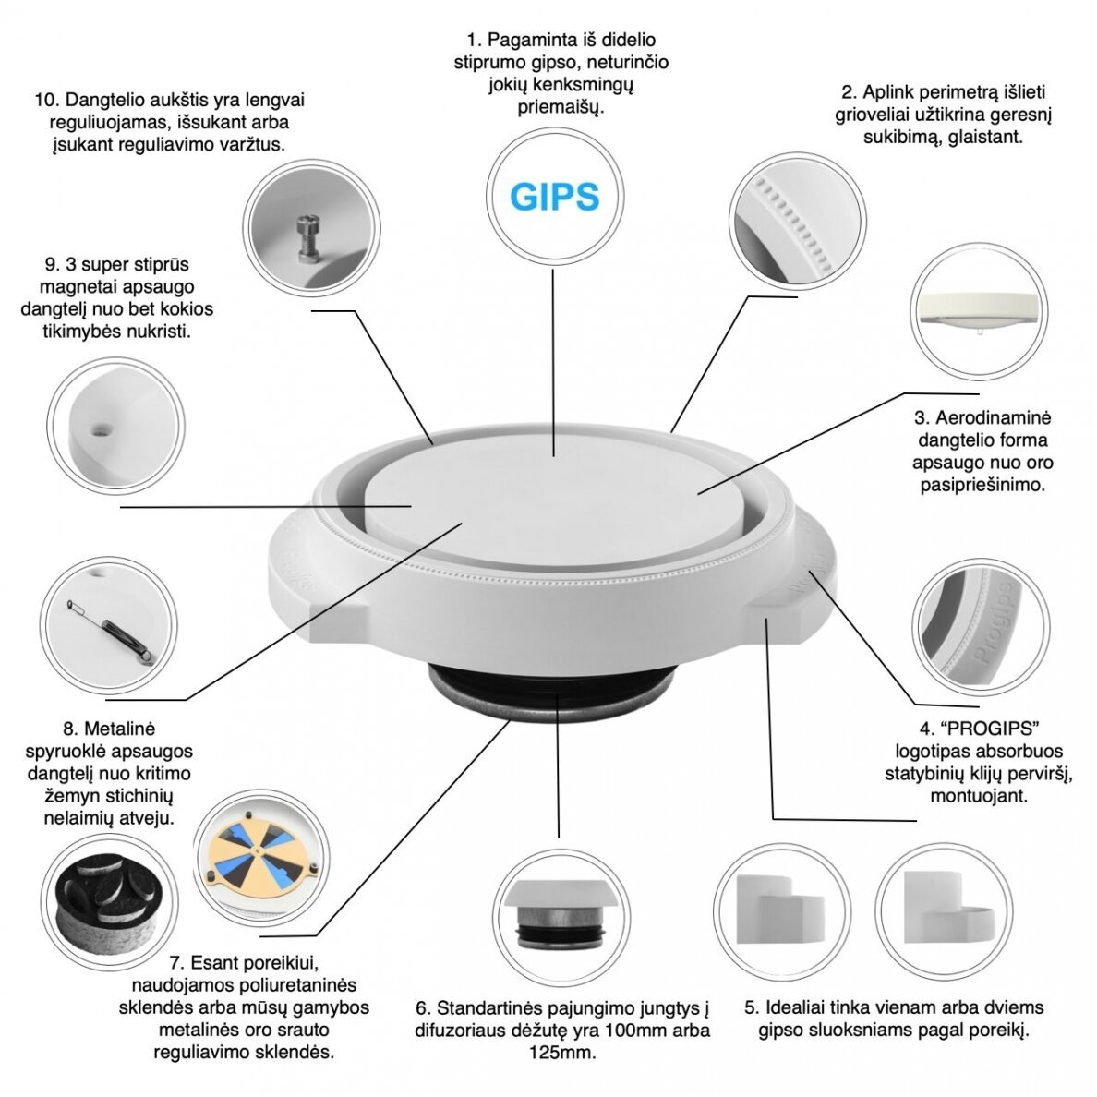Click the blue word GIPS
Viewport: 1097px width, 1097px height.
click(x=554, y=196)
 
